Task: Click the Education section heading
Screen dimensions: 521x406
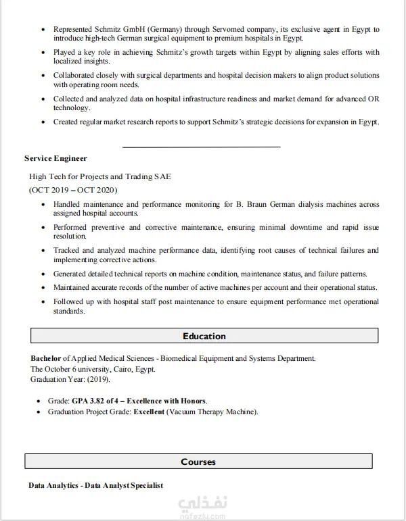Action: (x=204, y=336)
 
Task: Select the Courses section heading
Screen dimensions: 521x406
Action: (x=198, y=462)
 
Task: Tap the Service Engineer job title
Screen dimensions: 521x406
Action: (x=55, y=158)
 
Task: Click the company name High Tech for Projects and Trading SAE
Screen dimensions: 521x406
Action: (x=100, y=176)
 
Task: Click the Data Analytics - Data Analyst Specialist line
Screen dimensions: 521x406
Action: (x=95, y=485)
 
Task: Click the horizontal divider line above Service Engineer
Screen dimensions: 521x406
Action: (x=201, y=146)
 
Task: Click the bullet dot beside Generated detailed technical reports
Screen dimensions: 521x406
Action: (x=44, y=274)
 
